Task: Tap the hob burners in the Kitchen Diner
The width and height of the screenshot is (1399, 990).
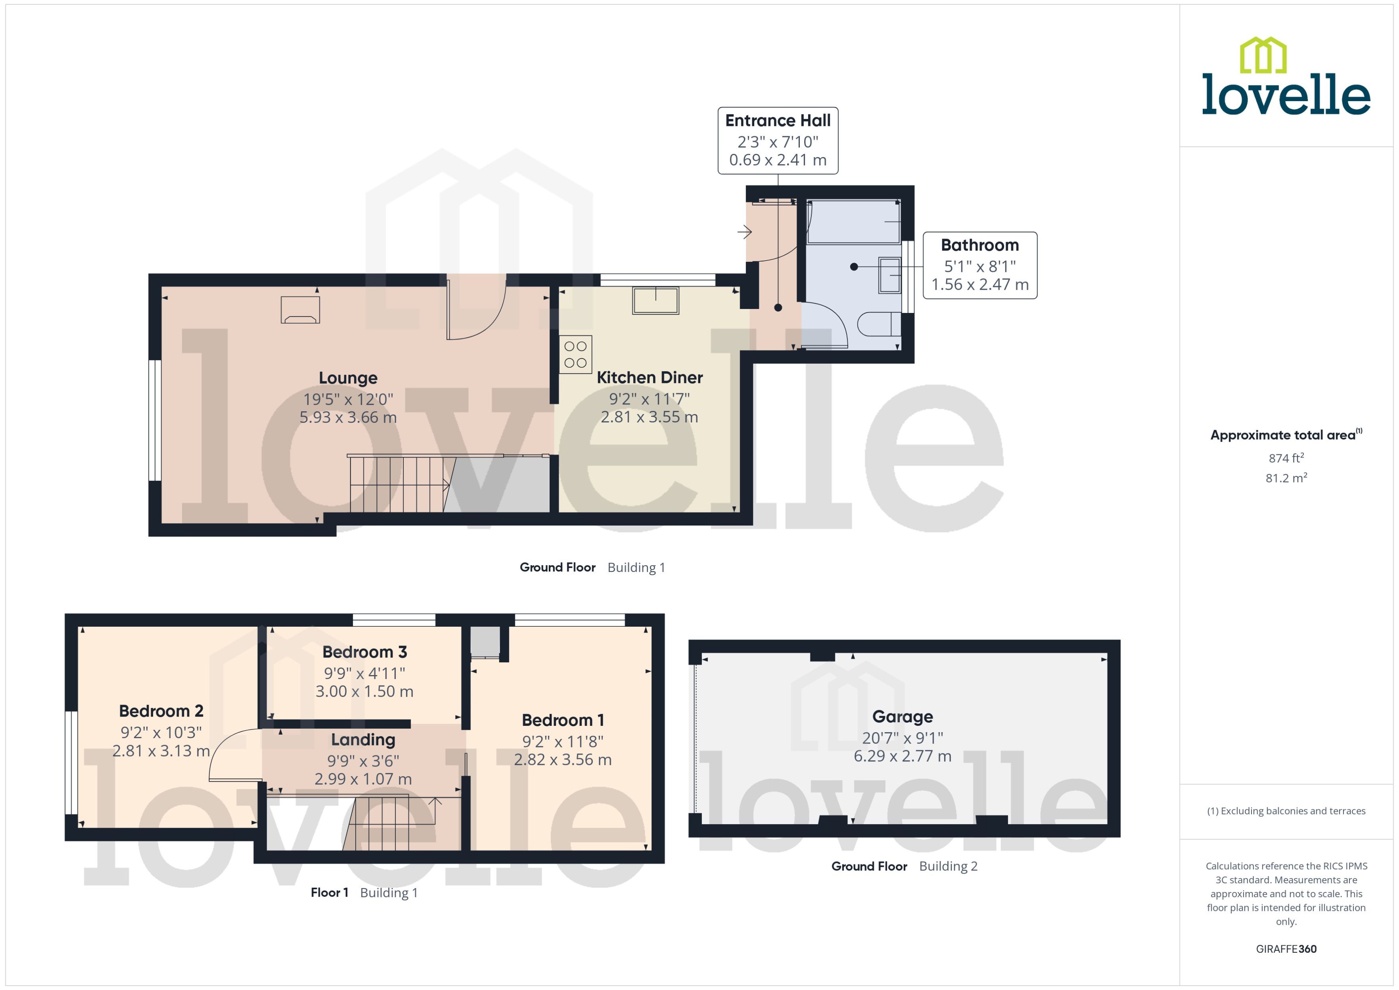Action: [575, 354]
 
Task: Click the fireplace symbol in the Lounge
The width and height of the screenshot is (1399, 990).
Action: [300, 310]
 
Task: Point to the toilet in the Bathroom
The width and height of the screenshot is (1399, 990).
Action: [878, 324]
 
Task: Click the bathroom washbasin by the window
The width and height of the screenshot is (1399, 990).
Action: [889, 275]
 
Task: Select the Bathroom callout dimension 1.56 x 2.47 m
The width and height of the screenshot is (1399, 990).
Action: [980, 285]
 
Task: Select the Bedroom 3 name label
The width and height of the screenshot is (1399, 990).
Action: [365, 652]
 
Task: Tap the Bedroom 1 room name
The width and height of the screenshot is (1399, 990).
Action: [563, 721]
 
